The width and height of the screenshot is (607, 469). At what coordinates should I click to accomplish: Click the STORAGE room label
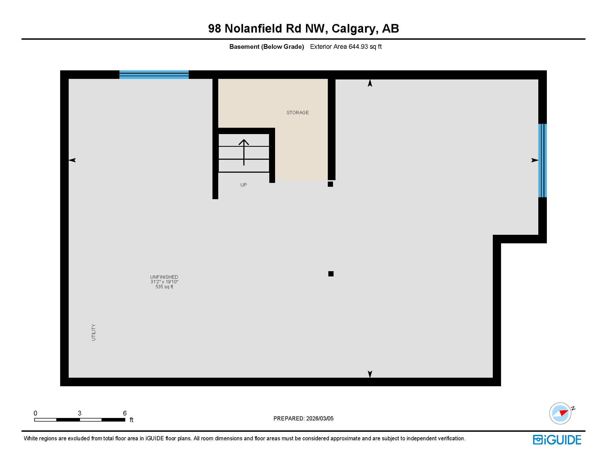297,113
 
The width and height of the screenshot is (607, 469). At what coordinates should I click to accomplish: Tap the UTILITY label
93,332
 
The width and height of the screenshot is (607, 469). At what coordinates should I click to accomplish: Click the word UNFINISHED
164,277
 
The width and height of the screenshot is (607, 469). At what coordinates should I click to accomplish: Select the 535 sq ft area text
164,287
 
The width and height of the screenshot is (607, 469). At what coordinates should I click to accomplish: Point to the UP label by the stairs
243,185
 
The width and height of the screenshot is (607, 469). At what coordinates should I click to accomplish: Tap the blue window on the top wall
154,75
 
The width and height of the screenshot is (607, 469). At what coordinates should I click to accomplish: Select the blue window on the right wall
542,160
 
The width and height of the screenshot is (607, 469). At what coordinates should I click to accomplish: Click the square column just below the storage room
330,184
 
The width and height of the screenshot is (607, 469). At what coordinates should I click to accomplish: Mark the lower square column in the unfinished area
331,274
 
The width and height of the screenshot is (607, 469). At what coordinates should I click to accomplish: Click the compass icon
560,413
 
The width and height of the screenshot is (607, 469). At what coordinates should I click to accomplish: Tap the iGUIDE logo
557,440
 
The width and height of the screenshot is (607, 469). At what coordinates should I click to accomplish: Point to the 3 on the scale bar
79,413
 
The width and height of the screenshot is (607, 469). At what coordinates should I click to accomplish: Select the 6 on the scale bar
125,413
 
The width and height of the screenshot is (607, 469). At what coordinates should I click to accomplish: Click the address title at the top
303,28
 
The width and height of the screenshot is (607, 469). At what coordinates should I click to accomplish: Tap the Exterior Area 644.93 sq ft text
346,47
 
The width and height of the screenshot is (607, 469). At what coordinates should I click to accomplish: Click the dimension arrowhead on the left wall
72,160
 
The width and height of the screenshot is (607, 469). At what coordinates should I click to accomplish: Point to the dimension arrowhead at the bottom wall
370,374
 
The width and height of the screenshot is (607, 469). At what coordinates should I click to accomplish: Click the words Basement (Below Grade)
267,47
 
